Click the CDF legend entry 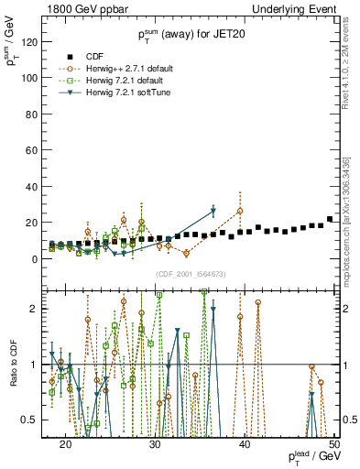point(93,55)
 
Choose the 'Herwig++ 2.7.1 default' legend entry point(129,68)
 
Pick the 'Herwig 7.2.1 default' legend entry point(126,80)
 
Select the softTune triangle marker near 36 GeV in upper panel point(213,212)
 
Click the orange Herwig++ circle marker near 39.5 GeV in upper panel point(240,211)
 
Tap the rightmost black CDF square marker point(330,219)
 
